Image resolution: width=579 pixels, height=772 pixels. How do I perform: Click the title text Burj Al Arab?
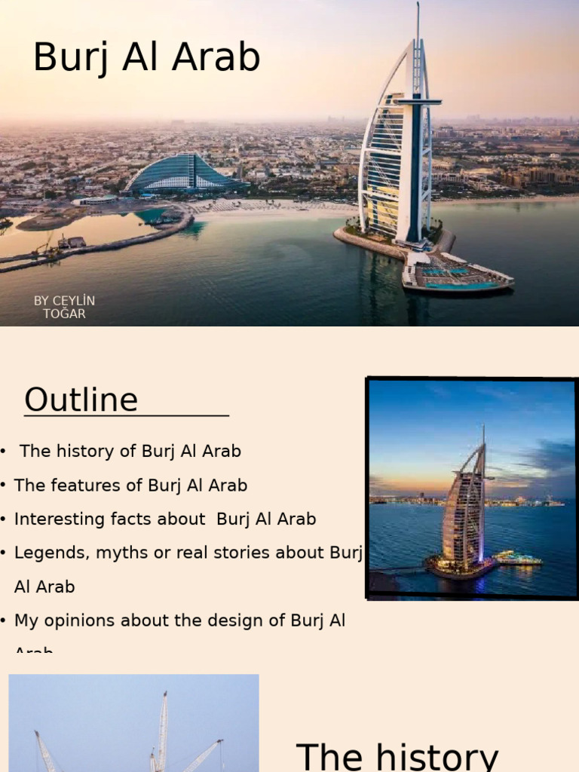coord(146,58)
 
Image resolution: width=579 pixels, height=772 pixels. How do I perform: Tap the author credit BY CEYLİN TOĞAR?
coord(64,307)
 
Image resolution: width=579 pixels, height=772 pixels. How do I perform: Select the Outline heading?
coord(81,400)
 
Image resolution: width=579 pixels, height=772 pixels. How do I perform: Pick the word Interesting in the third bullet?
coord(50,519)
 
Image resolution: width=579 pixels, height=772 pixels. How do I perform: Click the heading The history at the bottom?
coord(397,755)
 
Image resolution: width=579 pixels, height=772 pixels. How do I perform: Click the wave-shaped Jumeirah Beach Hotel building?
coord(185,174)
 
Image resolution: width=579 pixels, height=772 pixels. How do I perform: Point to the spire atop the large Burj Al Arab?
coord(417,23)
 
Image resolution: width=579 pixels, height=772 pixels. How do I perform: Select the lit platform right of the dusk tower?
coord(518,559)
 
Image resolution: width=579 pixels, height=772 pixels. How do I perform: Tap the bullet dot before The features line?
coord(4,486)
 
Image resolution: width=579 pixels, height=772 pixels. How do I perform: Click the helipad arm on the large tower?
coord(421,100)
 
